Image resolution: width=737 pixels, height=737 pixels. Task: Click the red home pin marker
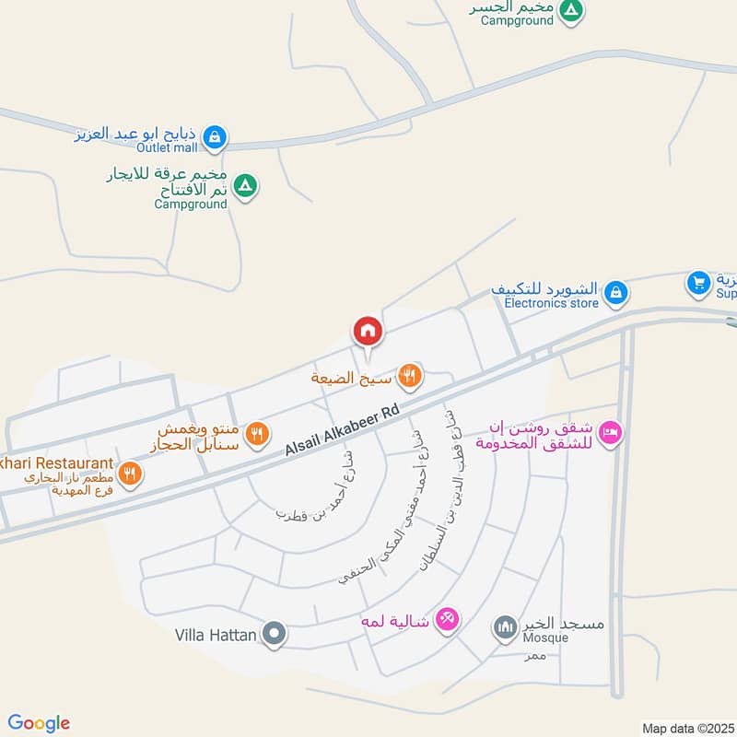(367, 331)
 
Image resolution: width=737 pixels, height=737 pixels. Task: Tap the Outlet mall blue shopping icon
(214, 138)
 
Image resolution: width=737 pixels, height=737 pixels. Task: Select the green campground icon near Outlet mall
(244, 186)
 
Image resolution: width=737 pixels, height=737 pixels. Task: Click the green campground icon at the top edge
(572, 11)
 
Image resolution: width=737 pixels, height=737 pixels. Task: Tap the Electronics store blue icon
(616, 294)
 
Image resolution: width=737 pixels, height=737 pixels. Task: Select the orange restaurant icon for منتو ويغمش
(258, 431)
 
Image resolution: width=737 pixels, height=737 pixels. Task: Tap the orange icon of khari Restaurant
(130, 474)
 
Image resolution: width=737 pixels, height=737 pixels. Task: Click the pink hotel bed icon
(609, 431)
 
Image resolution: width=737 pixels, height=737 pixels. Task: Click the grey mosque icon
(504, 629)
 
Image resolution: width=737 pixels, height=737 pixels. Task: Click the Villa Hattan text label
(215, 634)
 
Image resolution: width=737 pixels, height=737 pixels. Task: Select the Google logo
(40, 723)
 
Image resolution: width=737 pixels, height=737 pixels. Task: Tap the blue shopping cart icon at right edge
(698, 281)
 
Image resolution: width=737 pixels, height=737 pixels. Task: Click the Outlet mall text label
(168, 147)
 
